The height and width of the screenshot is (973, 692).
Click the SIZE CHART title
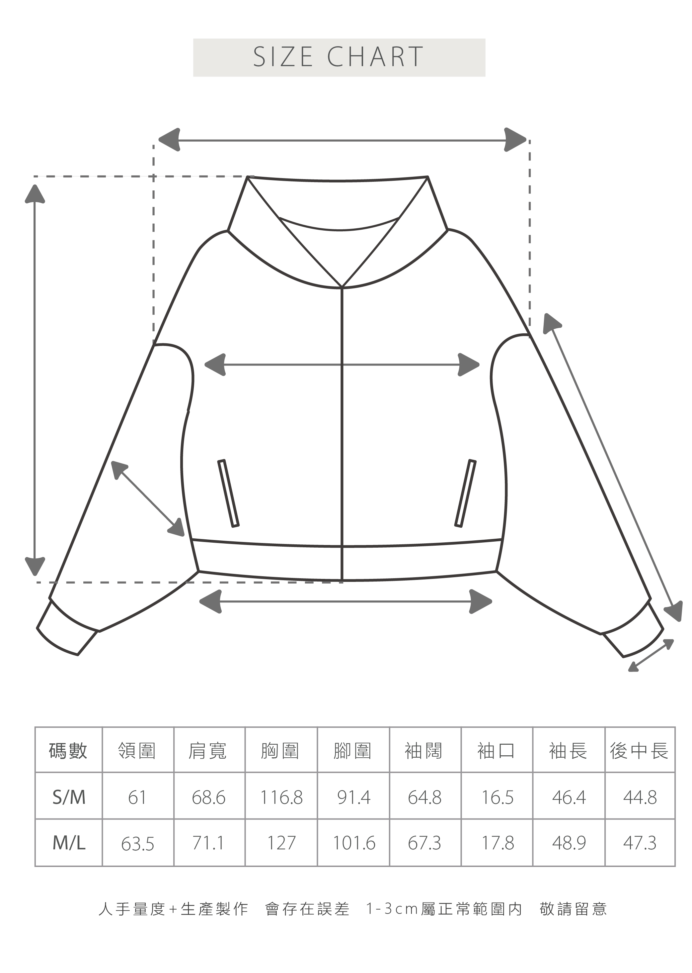[x=339, y=57]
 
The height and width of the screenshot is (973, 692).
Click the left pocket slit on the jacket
[x=228, y=493]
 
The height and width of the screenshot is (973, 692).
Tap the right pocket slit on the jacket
[x=465, y=493]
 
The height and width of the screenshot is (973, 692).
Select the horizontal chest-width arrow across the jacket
[x=342, y=365]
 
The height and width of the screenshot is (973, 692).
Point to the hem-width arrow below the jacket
[x=345, y=601]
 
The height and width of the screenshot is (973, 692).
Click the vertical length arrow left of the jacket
[x=35, y=379]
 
